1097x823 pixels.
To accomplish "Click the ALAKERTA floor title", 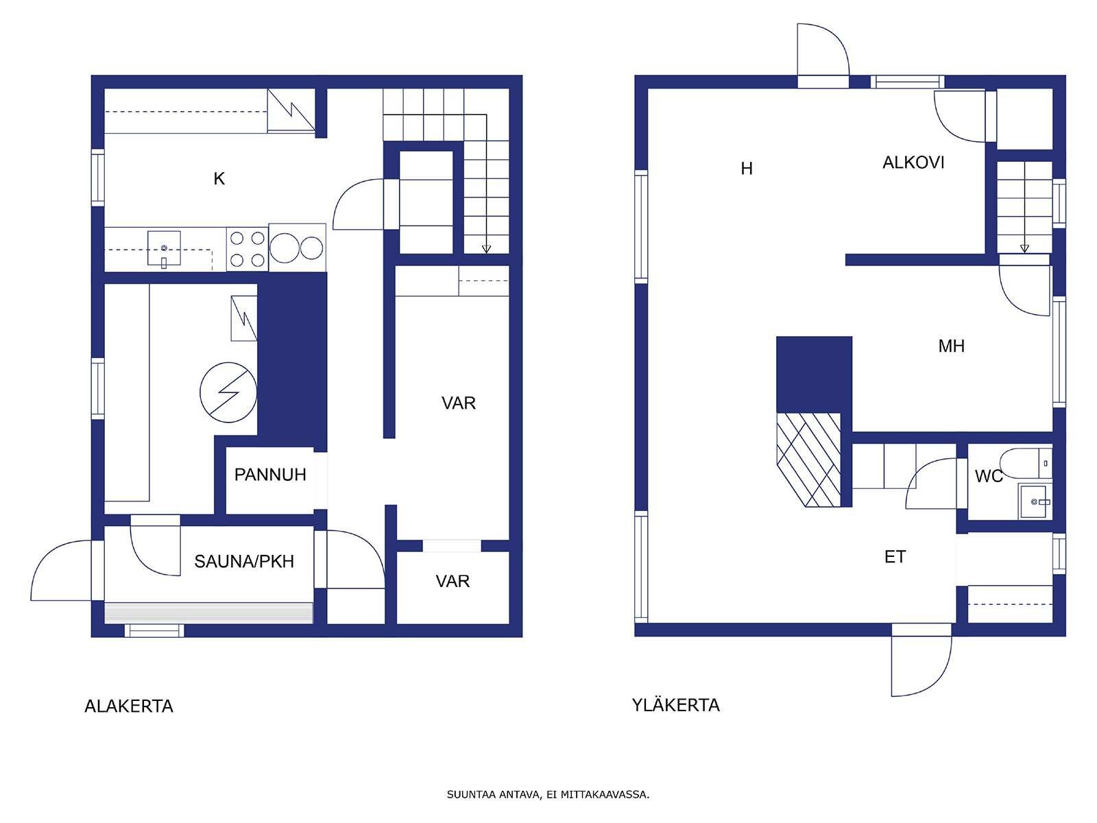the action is tap(129, 706).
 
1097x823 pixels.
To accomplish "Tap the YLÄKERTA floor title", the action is tap(676, 704).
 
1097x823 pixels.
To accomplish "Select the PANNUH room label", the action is tap(270, 474).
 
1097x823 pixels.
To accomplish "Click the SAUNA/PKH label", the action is tap(244, 562).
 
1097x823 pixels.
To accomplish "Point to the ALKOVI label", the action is tap(913, 163).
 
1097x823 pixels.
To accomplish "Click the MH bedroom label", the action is tap(951, 346).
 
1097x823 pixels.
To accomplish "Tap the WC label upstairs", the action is tap(989, 476).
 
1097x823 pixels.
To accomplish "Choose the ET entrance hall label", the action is tap(895, 557).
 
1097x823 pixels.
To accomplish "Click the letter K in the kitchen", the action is tap(219, 178).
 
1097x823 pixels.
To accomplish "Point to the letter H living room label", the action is tap(746, 169).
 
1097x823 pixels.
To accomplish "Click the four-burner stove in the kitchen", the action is tap(248, 250).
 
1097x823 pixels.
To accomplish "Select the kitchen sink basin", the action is tap(164, 248).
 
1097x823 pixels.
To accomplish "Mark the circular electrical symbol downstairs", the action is tap(228, 392).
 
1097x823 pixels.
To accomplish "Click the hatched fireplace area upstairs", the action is tap(808, 460).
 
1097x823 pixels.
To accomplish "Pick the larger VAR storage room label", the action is tap(458, 403).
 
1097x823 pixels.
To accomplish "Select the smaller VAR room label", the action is tap(453, 581).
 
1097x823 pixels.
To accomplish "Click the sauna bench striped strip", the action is tap(208, 612).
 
